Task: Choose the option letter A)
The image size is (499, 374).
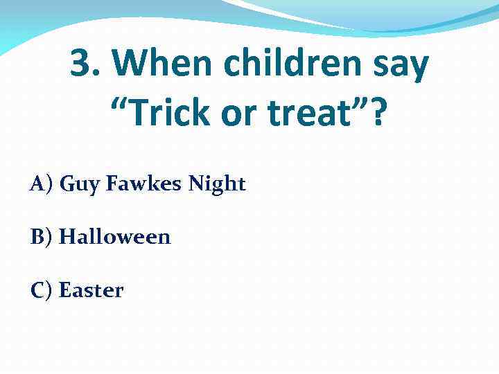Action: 42,184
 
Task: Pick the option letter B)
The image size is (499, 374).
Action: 42,238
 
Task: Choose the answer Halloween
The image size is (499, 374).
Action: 114,238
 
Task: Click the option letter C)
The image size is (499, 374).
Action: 42,290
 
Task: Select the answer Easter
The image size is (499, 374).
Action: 91,290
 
